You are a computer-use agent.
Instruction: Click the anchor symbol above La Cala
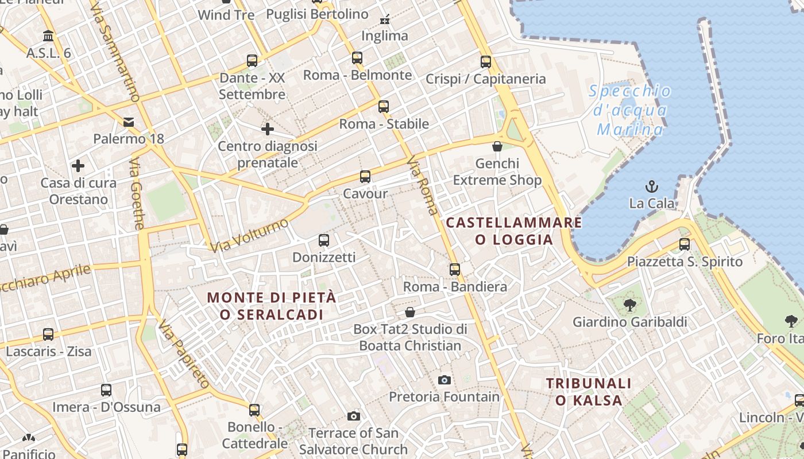pos(651,186)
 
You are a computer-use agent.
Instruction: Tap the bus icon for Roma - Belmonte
pos(357,57)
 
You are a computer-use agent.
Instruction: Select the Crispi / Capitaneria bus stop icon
pos(486,61)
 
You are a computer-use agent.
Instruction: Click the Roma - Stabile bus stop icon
pos(384,106)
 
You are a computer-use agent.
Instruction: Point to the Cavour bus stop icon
pos(365,176)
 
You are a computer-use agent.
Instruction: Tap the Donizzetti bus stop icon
pos(324,240)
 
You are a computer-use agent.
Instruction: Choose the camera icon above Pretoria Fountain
pos(444,380)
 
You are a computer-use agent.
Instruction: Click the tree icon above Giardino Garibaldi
pos(630,305)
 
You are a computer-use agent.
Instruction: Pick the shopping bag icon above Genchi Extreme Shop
pos(497,146)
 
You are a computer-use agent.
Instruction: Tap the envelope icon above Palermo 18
pos(129,122)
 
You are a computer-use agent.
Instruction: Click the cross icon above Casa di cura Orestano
pos(78,166)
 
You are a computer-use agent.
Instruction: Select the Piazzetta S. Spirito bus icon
pos(685,244)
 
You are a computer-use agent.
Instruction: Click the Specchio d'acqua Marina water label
pos(630,110)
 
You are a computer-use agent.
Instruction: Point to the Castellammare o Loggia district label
pos(514,231)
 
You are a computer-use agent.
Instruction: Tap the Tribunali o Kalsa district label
pos(589,391)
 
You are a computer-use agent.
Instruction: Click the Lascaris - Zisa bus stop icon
pos(48,334)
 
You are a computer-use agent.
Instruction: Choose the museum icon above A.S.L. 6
pos(48,36)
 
